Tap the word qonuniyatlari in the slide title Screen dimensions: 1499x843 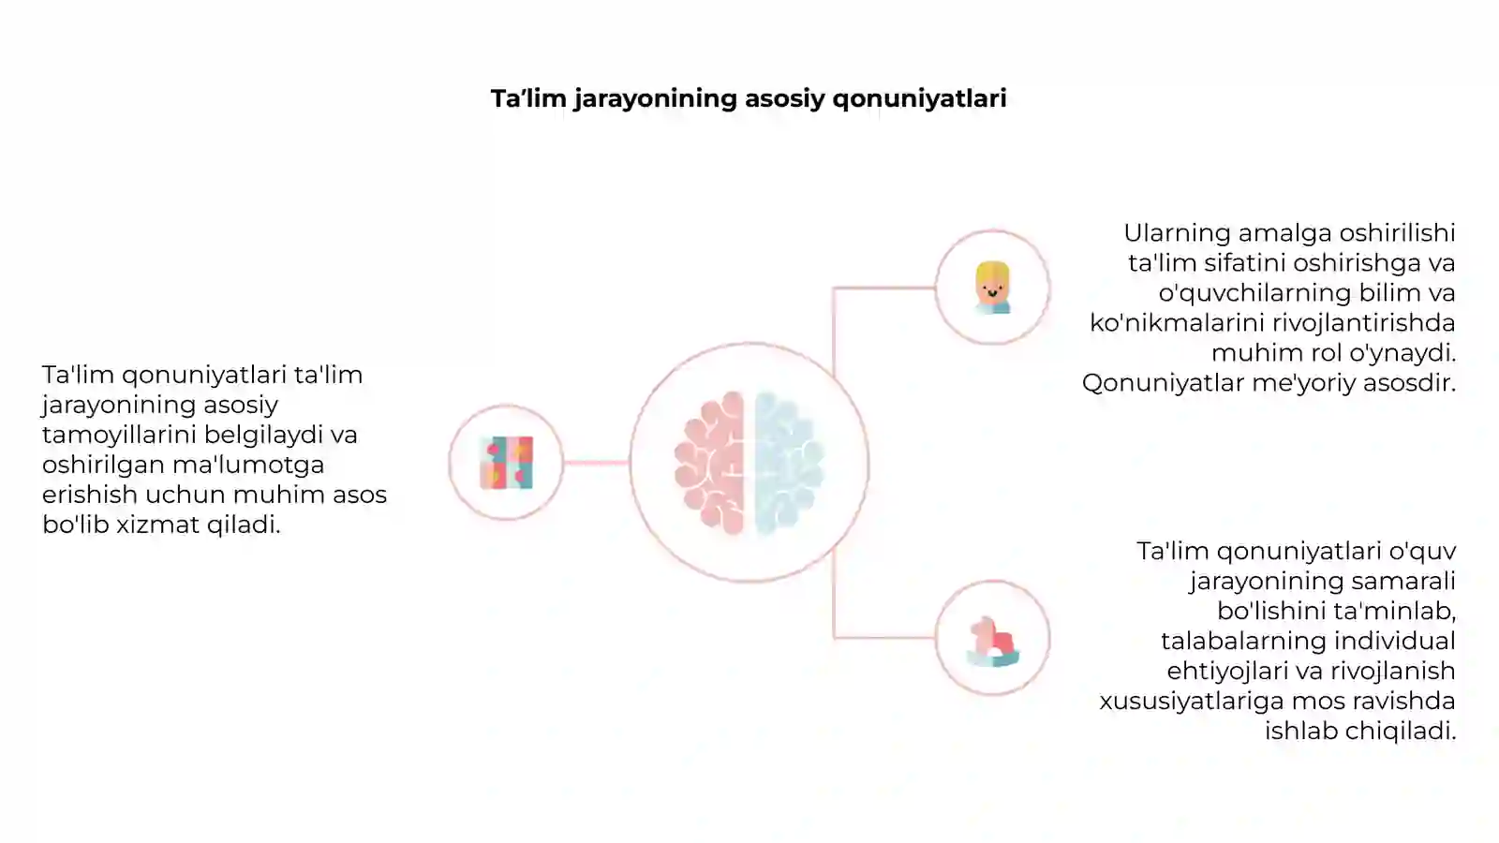pos(919,99)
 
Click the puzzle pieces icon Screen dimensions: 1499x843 pos(507,463)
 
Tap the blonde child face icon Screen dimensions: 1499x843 pos(992,288)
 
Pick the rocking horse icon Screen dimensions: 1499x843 pos(992,642)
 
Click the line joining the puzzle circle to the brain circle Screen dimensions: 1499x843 pos(596,463)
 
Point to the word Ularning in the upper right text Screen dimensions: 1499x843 pos(1177,233)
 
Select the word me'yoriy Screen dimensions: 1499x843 pos(1301,383)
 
